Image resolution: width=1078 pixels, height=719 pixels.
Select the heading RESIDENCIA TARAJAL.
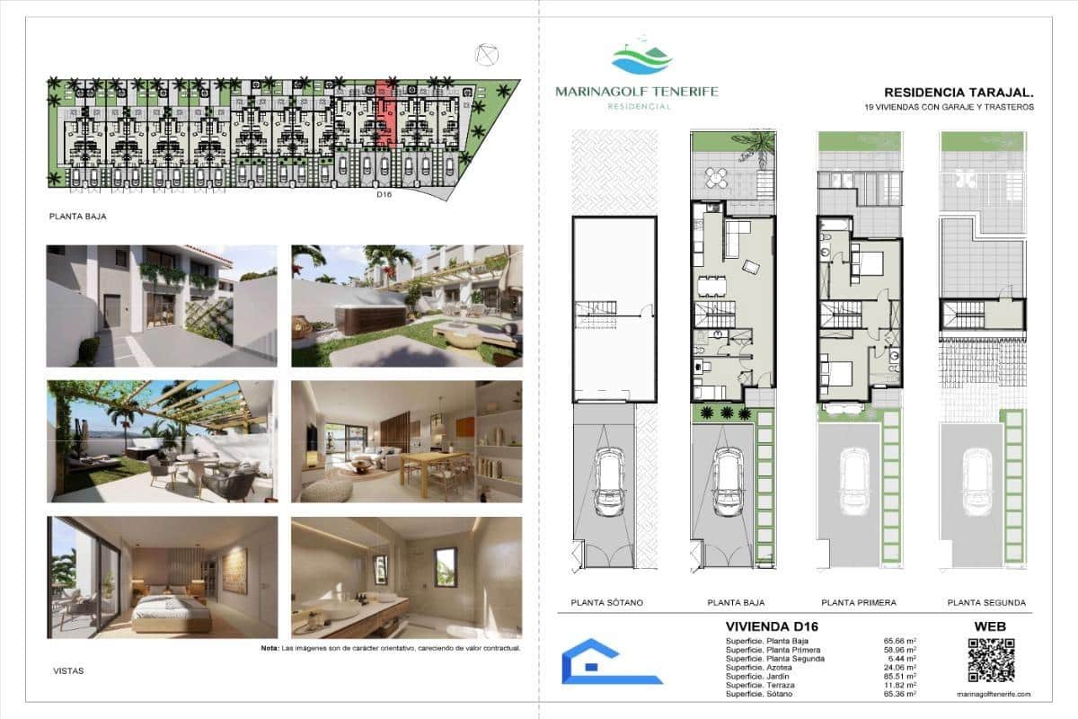959,92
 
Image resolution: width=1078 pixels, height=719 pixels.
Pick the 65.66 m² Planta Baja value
900,641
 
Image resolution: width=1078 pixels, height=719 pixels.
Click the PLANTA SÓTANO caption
607,603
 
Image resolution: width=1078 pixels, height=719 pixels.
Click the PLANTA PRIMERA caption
859,603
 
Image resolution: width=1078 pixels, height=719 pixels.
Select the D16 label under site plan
384,192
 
